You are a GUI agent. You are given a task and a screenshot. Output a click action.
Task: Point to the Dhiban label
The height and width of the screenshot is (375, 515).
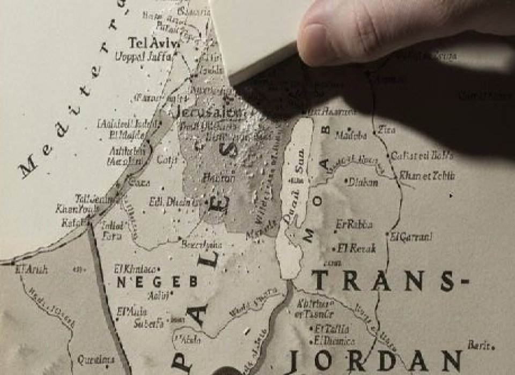(363, 182)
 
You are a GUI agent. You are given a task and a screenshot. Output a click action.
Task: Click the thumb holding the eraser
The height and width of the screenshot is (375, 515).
(343, 32)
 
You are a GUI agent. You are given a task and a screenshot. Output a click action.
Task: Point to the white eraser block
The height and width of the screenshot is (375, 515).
(257, 32)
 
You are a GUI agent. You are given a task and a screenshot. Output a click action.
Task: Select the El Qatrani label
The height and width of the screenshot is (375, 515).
(411, 236)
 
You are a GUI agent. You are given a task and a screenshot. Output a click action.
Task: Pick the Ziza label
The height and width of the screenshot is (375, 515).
(386, 129)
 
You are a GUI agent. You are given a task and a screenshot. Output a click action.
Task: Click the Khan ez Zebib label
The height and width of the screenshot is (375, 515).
(427, 175)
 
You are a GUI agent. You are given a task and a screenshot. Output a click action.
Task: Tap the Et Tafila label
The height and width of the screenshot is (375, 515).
(332, 328)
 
